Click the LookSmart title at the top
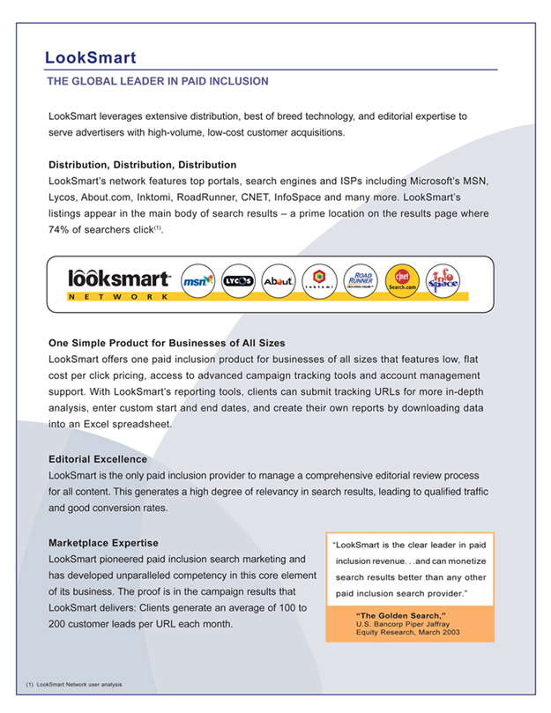(x=91, y=58)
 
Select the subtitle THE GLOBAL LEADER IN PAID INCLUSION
(x=157, y=81)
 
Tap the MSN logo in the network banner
(x=197, y=280)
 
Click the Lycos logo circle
(x=238, y=280)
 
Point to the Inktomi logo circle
(x=319, y=280)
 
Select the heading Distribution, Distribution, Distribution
(x=142, y=165)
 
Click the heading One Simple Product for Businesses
(x=167, y=343)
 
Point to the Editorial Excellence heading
(x=98, y=459)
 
